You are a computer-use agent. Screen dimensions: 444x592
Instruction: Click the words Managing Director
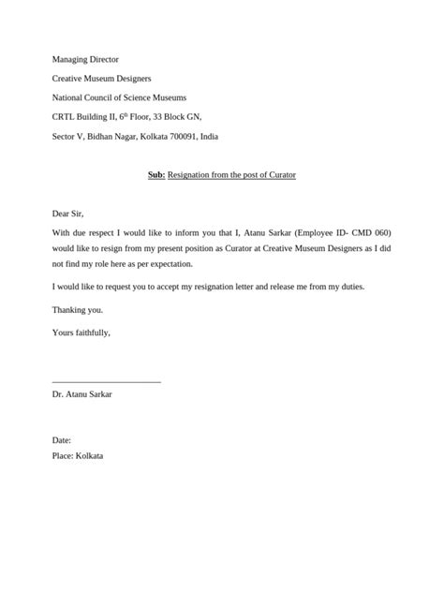(85, 59)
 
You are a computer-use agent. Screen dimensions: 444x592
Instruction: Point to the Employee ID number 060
(379, 232)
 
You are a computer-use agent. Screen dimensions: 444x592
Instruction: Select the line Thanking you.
(78, 308)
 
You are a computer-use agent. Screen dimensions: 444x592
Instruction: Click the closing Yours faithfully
(81, 331)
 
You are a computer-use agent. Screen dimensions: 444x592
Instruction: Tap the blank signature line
(107, 380)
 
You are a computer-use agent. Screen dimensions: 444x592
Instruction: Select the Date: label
(62, 439)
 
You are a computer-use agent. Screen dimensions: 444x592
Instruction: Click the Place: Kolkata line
(78, 455)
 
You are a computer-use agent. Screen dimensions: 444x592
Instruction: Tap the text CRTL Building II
(87, 117)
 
